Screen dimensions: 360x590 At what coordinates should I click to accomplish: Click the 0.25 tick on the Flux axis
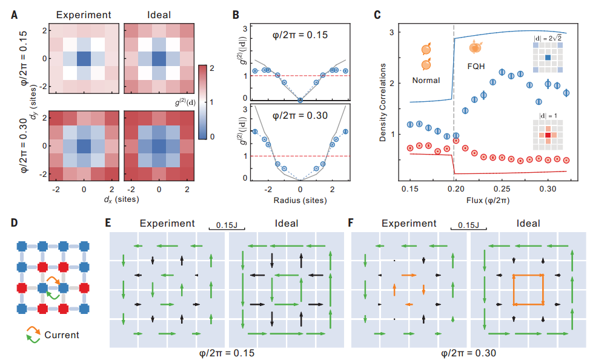point(502,189)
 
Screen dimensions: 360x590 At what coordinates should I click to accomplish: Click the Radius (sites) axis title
point(300,200)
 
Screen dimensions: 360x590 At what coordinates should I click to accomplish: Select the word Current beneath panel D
point(62,334)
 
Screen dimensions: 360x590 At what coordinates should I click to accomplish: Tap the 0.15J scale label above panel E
point(225,223)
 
